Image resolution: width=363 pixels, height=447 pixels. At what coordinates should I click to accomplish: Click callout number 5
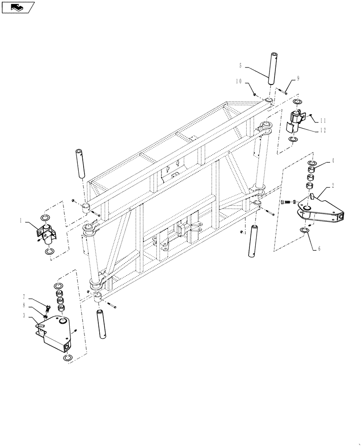pos(241,66)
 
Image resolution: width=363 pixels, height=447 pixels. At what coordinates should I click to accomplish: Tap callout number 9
pos(298,78)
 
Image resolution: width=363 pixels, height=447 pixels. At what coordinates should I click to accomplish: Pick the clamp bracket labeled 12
pos(297,121)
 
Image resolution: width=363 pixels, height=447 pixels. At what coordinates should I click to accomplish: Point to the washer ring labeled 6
pos(304,230)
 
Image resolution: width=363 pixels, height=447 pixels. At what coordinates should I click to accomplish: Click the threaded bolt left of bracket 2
pos(290,201)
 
